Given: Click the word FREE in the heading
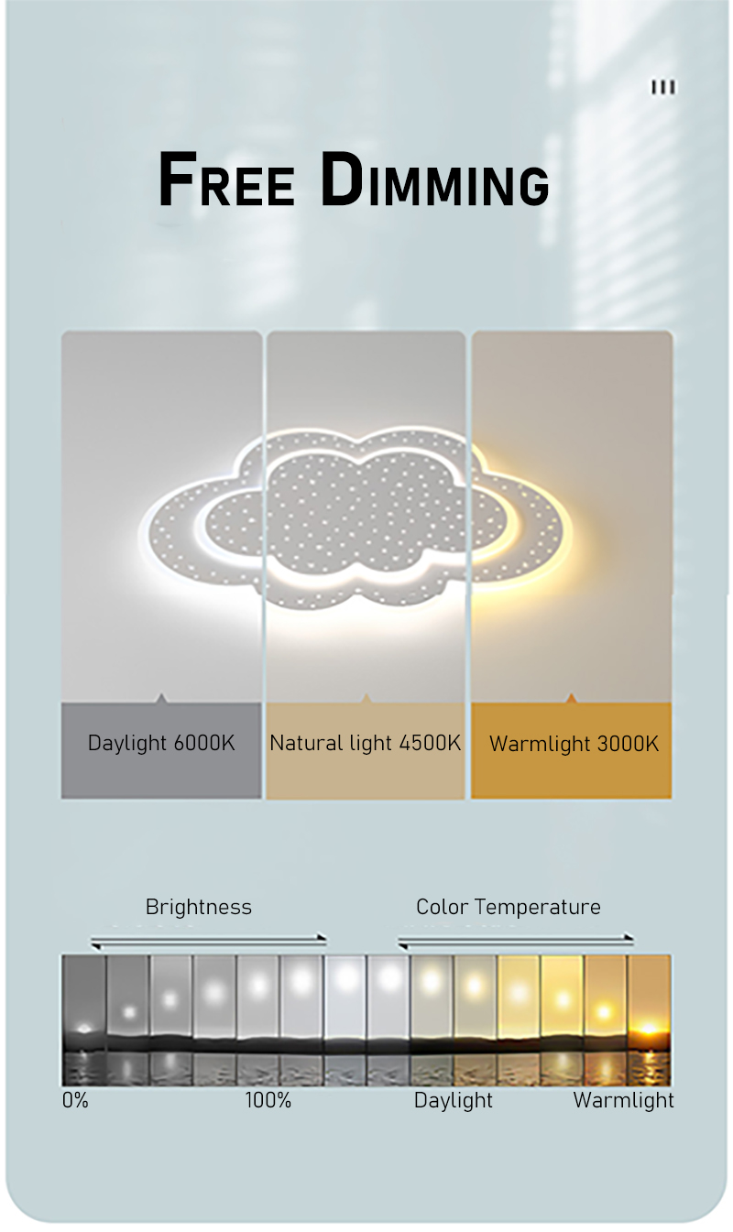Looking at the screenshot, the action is pyautogui.click(x=226, y=180).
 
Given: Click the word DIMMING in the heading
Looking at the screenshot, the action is pyautogui.click(x=434, y=180).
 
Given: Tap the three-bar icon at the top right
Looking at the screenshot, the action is pyautogui.click(x=663, y=87).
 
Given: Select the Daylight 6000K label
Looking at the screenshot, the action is pyautogui.click(x=161, y=743).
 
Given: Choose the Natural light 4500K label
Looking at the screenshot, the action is pyautogui.click(x=365, y=743).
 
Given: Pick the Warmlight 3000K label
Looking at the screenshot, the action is pyautogui.click(x=574, y=744).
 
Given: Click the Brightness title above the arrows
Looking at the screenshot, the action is pyautogui.click(x=199, y=907).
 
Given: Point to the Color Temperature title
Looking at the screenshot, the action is pyautogui.click(x=508, y=907).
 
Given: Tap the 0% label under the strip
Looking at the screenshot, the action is pyautogui.click(x=75, y=1100).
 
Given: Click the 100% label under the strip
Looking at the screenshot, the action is pyautogui.click(x=268, y=1100).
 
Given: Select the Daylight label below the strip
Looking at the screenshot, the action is pyautogui.click(x=453, y=1100).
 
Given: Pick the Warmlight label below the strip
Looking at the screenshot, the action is pyautogui.click(x=623, y=1100).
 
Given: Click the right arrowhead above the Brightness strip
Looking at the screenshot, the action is pyautogui.click(x=323, y=937).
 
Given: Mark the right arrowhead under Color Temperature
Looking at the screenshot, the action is pyautogui.click(x=629, y=937).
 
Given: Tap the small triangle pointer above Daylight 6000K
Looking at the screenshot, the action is pyautogui.click(x=161, y=699).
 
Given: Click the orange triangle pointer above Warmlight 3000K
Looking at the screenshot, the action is pyautogui.click(x=571, y=699).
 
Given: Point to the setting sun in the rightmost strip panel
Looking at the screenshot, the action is pyautogui.click(x=649, y=1029).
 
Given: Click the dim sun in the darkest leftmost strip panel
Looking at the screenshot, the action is pyautogui.click(x=83, y=1028).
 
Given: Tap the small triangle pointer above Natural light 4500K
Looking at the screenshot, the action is pyautogui.click(x=366, y=699).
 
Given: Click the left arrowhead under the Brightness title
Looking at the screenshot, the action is pyautogui.click(x=96, y=946).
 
